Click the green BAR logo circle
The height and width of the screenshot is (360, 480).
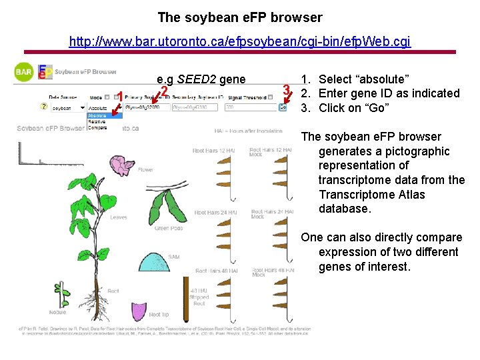(24, 72)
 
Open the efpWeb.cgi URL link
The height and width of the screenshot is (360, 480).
(240, 42)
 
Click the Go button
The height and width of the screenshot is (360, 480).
(283, 107)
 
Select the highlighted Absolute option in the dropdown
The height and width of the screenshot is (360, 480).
(97, 116)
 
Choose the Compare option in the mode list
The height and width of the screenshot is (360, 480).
(97, 127)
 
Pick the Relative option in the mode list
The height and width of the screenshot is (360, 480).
(97, 122)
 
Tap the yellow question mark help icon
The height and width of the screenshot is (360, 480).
(43, 107)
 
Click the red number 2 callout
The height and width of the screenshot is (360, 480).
(164, 91)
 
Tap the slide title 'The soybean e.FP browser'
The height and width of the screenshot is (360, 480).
(240, 17)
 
